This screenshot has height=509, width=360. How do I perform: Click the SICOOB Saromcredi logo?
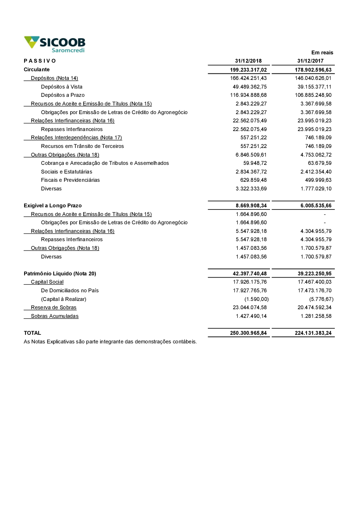[55, 44]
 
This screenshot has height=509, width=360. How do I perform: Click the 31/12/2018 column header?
[248, 61]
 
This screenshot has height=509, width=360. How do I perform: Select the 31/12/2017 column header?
[310, 61]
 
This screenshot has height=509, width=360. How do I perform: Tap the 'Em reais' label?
[322, 53]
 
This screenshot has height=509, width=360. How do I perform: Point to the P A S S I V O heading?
[40, 61]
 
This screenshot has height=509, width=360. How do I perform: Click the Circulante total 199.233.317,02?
[248, 70]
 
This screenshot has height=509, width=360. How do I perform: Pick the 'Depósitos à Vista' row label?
[62, 87]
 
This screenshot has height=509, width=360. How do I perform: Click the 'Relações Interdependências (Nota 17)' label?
[76, 138]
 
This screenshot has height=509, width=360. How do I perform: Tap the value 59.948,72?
[255, 163]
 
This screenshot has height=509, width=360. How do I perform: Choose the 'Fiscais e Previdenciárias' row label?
[70, 180]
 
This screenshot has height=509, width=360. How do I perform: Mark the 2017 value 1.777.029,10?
[316, 189]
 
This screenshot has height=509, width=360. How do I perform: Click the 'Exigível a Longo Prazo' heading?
[53, 206]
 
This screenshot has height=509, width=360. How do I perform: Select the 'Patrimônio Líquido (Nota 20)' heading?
[60, 274]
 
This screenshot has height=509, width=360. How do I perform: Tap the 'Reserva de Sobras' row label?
[54, 307]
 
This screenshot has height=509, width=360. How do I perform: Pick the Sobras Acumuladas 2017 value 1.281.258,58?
[316, 316]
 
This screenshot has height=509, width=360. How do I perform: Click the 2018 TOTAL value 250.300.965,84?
[248, 333]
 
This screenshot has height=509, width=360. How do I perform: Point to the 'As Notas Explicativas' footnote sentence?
[110, 342]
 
